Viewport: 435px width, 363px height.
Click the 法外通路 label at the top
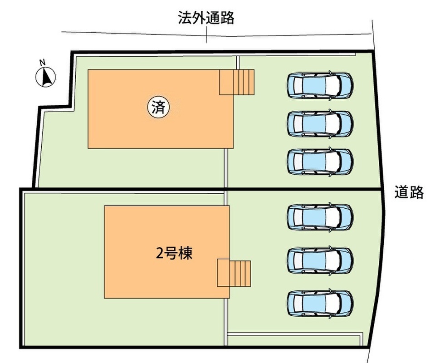coord(206,18)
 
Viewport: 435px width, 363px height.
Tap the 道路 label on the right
coord(409,192)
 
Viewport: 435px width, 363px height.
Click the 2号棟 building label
coord(174,253)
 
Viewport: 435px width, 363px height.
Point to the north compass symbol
coord(46,77)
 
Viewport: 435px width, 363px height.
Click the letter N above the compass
coord(43,63)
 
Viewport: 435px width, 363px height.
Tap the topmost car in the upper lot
coord(320,85)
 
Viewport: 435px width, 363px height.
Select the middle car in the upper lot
coord(320,124)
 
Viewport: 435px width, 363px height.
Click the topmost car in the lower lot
coord(320,217)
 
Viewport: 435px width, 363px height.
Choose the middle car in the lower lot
coord(320,260)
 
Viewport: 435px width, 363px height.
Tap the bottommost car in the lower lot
coord(320,304)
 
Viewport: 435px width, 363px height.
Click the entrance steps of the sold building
coord(237,82)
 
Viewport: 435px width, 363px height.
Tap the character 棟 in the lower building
coord(186,253)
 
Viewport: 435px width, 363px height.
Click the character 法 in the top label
coord(185,18)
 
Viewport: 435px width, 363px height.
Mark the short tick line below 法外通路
coord(206,35)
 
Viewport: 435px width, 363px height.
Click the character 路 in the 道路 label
coord(417,192)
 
